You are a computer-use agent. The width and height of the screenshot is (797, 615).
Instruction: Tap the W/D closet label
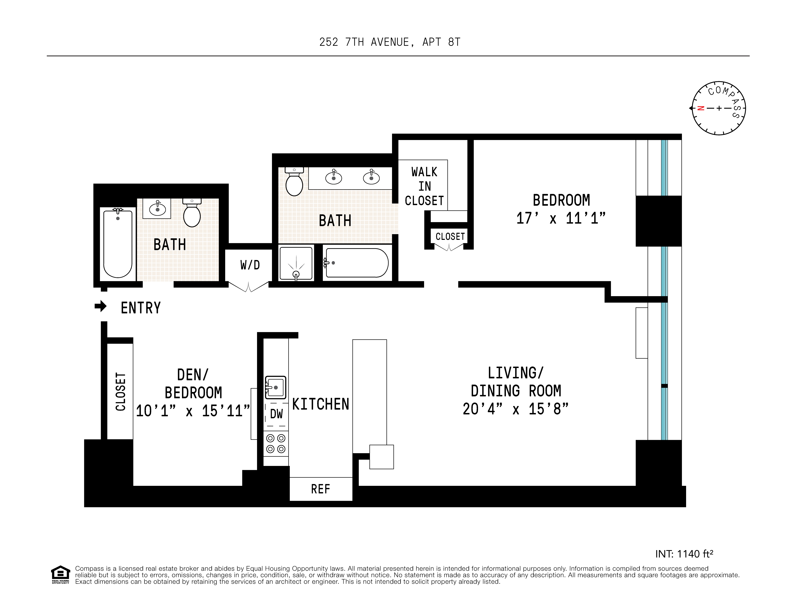point(250,265)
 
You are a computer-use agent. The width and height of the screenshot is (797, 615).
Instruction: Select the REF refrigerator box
point(321,489)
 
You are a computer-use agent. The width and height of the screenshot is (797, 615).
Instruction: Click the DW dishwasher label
point(276,414)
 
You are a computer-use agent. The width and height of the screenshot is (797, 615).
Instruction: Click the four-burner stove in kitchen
point(276,444)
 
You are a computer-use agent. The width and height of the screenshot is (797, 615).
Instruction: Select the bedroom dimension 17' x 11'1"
point(561,219)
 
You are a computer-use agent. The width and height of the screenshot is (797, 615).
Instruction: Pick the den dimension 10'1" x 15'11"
point(193,411)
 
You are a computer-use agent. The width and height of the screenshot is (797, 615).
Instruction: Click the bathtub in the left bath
point(117,244)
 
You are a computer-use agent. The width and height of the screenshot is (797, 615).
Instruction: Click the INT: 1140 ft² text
point(684,554)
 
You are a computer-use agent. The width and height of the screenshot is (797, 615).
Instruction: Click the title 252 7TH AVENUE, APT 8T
point(390,42)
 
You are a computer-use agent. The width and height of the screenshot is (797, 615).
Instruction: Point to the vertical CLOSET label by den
point(120,391)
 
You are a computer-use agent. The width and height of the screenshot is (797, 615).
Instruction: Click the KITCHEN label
point(321,404)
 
